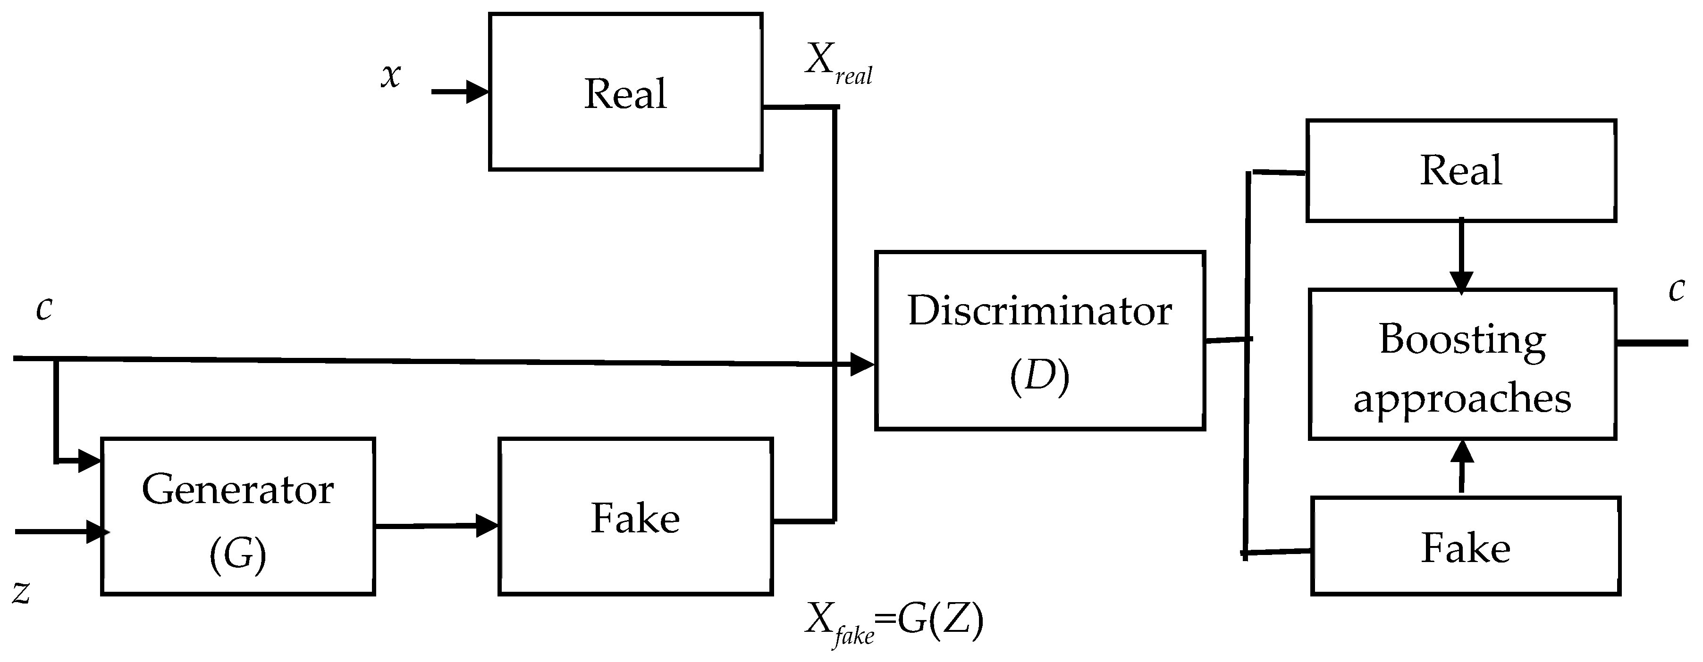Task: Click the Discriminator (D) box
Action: click(x=1039, y=340)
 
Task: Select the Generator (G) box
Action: click(x=238, y=516)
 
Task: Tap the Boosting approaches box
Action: click(x=1462, y=364)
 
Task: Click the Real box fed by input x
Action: click(x=625, y=92)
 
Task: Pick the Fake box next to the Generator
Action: click(x=635, y=516)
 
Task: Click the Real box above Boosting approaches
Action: click(x=1461, y=171)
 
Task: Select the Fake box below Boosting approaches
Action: click(x=1465, y=546)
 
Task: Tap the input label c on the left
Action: click(x=43, y=308)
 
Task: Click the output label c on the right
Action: click(x=1676, y=290)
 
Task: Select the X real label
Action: click(x=838, y=65)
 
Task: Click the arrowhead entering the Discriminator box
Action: click(x=861, y=364)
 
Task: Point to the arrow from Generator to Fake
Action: click(x=436, y=526)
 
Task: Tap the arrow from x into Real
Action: click(x=460, y=92)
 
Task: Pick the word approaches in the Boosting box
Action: click(x=1462, y=398)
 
